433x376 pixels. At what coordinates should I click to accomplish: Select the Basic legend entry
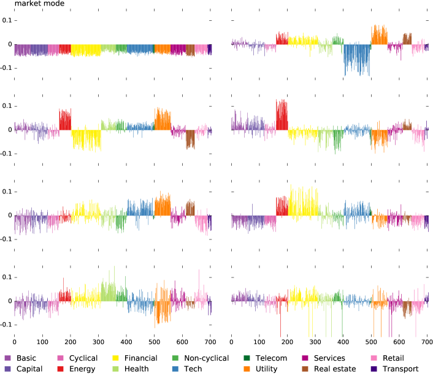(x=26, y=358)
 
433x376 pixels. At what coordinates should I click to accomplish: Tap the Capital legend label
(x=30, y=369)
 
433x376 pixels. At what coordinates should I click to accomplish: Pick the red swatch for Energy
(x=61, y=369)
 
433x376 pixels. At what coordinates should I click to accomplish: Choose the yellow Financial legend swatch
(x=117, y=358)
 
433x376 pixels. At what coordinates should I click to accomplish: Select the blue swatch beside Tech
(x=174, y=369)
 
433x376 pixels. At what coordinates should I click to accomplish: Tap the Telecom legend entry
(x=272, y=358)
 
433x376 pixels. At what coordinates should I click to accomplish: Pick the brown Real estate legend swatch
(x=305, y=369)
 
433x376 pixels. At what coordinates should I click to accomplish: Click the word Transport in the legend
(x=400, y=369)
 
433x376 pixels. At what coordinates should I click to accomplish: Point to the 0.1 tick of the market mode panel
(x=6, y=20)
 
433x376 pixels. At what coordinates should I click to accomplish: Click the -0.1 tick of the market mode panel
(x=4, y=67)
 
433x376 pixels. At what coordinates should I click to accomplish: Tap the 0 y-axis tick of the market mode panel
(x=9, y=44)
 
